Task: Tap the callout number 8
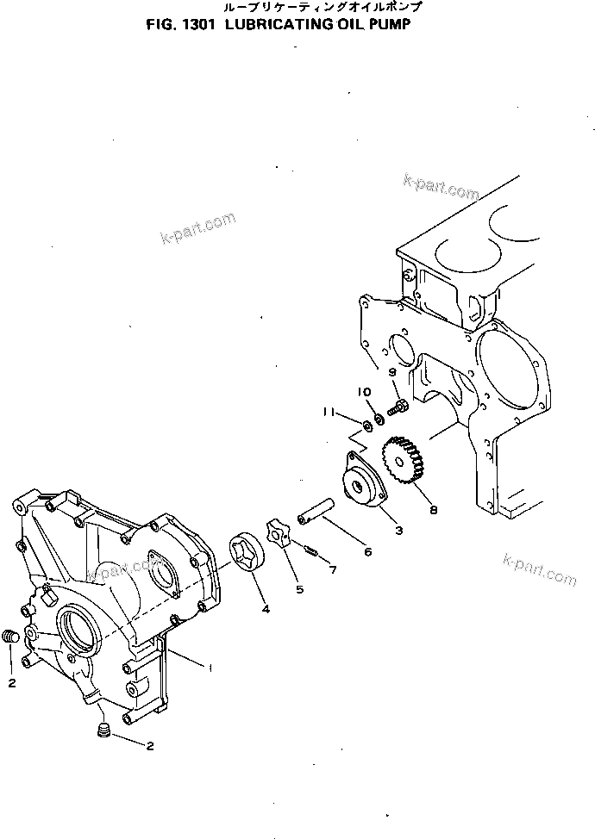[433, 509]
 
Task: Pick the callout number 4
[265, 609]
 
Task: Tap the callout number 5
[299, 589]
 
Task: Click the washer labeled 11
[368, 425]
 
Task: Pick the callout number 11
[329, 413]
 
